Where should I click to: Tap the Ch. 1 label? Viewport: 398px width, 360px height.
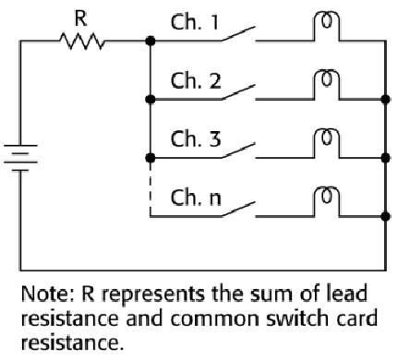tap(193, 21)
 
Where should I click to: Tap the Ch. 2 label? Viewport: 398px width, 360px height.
tap(193, 80)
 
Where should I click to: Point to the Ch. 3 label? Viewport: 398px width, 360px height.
tap(193, 140)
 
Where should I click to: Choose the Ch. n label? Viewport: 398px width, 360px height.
tap(193, 198)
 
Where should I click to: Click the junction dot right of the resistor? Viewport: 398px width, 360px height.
tap(150, 42)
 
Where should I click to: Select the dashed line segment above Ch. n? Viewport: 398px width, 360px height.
tap(150, 188)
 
